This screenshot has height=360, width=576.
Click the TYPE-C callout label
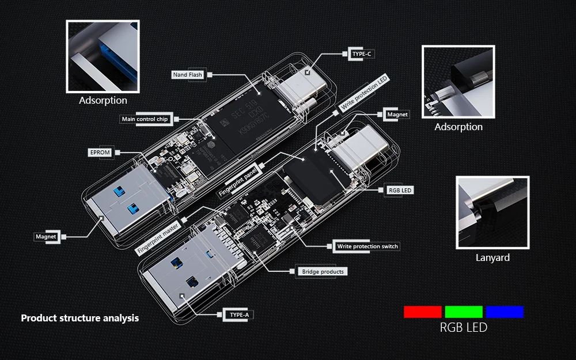pyautogui.click(x=362, y=54)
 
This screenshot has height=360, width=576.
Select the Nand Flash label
pyautogui.click(x=187, y=74)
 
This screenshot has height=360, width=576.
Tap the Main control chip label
pyautogui.click(x=145, y=119)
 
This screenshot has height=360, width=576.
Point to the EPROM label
pyautogui.click(x=100, y=153)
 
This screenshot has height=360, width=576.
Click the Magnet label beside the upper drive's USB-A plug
pyautogui.click(x=46, y=237)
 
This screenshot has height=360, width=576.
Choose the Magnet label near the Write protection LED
pyautogui.click(x=397, y=115)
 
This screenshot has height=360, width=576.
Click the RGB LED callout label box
pyautogui.click(x=400, y=190)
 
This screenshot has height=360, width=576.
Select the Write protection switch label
pyautogui.click(x=367, y=246)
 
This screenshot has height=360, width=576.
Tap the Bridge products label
pyautogui.click(x=323, y=271)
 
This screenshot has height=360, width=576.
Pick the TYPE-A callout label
pyautogui.click(x=239, y=315)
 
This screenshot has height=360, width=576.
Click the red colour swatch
pyautogui.click(x=422, y=312)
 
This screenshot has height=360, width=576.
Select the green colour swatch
pyautogui.click(x=464, y=312)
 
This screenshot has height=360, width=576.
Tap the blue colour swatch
pyautogui.click(x=505, y=312)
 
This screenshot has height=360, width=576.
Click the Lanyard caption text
pyautogui.click(x=492, y=257)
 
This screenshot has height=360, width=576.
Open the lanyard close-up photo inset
pyautogui.click(x=492, y=213)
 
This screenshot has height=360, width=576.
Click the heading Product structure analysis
pyautogui.click(x=79, y=318)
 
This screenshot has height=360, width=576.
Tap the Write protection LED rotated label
pyautogui.click(x=364, y=93)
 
